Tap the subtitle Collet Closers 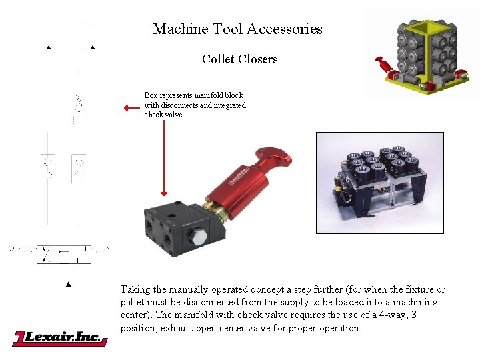coord(239,59)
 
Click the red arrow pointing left coord(131,107)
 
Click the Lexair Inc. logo coord(60,338)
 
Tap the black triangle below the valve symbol coord(68,285)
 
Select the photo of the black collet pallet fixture coord(379,183)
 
